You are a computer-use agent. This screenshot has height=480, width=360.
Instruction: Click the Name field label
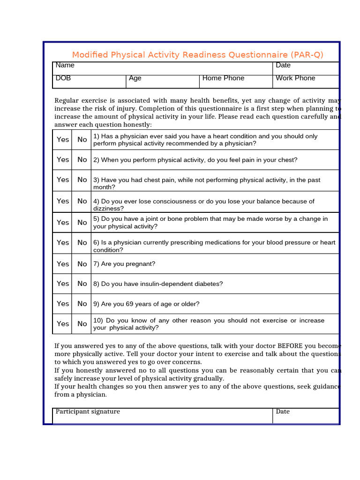coord(65,66)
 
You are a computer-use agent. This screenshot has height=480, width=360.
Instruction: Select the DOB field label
coord(63,78)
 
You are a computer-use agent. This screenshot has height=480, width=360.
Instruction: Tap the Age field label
coord(135,78)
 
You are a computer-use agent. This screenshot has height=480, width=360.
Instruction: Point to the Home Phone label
coord(223,78)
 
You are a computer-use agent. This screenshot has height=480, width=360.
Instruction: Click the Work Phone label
coord(295,78)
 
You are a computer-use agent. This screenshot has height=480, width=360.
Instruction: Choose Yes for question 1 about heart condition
coord(63,140)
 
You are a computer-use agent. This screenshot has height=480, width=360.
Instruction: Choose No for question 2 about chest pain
coord(82,160)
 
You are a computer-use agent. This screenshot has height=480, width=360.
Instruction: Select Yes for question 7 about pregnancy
coord(63,264)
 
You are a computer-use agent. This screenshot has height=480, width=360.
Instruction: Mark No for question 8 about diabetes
coord(82,284)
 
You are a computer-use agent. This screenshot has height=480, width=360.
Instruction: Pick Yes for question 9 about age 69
coord(63,304)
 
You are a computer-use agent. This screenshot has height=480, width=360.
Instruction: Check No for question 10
coord(82,324)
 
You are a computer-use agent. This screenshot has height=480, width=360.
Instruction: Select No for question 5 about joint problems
coord(82,223)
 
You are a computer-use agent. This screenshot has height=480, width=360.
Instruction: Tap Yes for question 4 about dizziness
coord(63,201)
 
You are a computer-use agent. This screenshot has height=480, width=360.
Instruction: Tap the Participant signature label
coord(88,412)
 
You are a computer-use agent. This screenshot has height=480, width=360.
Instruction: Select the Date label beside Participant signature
coord(283,412)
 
